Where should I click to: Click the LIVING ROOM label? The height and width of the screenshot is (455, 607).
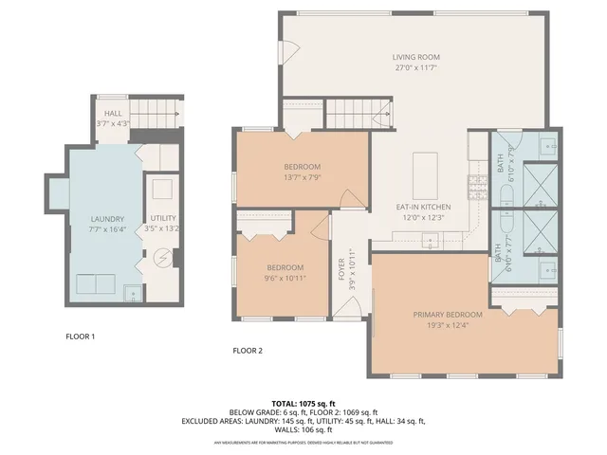[x=416, y=57]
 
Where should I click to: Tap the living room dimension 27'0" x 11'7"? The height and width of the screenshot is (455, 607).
[x=416, y=68]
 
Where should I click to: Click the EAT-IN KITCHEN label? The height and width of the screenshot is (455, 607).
[x=423, y=207]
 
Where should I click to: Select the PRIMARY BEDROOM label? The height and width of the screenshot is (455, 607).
[x=448, y=314]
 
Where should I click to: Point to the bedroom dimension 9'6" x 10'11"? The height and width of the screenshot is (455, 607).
[x=285, y=278]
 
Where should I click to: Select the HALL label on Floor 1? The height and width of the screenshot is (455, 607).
[x=113, y=114]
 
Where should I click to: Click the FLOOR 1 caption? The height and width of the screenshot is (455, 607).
[x=80, y=337]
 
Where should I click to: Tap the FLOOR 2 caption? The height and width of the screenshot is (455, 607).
[x=248, y=351]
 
